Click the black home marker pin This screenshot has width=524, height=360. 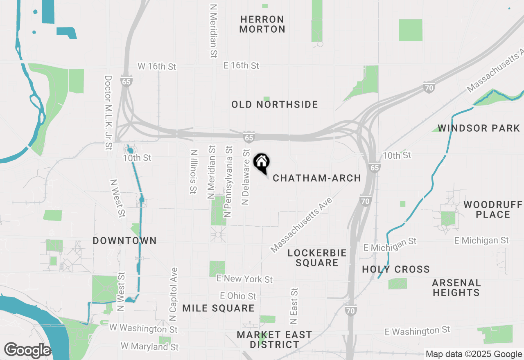(x=262, y=163)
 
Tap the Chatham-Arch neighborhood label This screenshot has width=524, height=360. (x=317, y=178)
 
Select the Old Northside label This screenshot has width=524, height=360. (x=275, y=105)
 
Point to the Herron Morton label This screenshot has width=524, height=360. (x=262, y=24)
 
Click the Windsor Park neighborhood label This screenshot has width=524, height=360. (x=479, y=128)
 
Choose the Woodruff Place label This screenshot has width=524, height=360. (x=492, y=209)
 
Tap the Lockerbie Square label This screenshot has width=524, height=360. (x=317, y=258)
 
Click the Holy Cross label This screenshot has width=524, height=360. (x=396, y=269)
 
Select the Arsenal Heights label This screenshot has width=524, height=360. (x=456, y=288)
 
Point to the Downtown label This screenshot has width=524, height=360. (x=124, y=241)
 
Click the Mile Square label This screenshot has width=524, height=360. (x=218, y=308)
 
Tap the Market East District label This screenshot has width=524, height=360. (x=274, y=340)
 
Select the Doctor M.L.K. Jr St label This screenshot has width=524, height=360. (x=108, y=112)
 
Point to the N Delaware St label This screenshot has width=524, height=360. (x=246, y=177)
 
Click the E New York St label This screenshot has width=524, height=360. (x=244, y=279)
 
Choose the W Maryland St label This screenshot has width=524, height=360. (x=150, y=346)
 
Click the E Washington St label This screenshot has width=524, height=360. (x=418, y=331)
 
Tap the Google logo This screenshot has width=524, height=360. (x=27, y=350)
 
